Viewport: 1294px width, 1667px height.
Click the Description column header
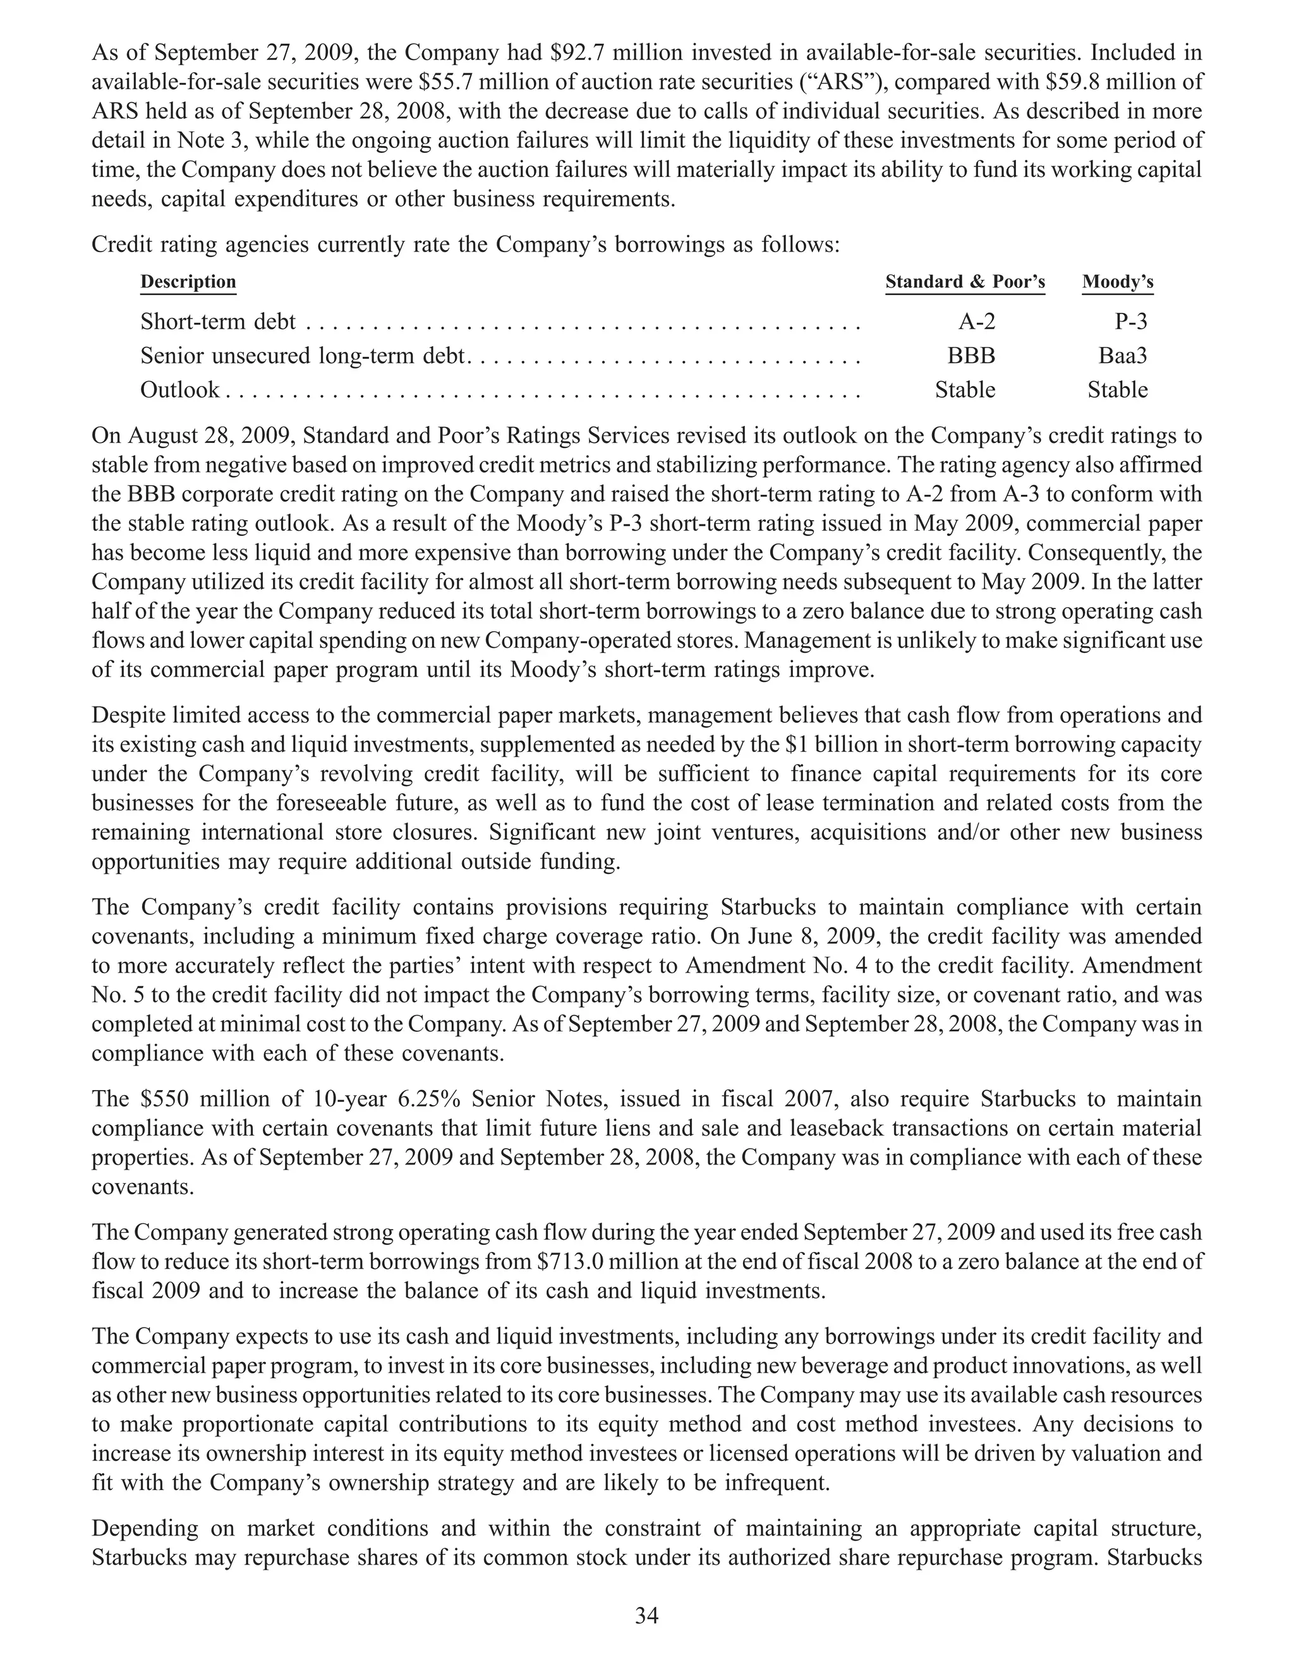tap(188, 282)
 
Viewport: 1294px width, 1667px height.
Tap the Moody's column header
tap(1117, 282)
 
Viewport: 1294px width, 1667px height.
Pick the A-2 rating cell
tap(977, 322)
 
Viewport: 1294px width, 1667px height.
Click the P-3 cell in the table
tap(1131, 322)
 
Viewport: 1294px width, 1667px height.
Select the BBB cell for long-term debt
tap(971, 356)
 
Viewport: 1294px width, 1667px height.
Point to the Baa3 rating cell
tap(1122, 356)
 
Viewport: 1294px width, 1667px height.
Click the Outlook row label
tap(180, 390)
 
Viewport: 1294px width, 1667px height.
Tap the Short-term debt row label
tap(217, 322)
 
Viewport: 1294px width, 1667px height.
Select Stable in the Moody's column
tap(1117, 390)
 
